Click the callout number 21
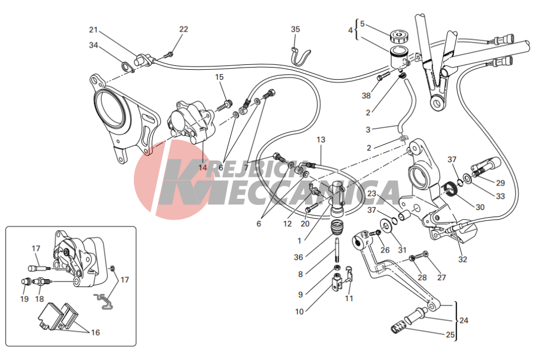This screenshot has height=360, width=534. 94,30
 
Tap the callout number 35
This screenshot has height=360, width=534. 295,29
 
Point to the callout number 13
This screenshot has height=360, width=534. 321,140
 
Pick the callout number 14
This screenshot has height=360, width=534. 203,167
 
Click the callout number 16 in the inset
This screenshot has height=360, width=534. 95,332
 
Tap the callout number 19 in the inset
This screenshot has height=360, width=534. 24,299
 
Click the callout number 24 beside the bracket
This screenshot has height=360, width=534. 464,320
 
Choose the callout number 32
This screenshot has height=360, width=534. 463,259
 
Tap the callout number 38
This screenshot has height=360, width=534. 366,95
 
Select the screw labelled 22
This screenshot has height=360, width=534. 170,54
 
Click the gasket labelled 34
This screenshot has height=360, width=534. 128,67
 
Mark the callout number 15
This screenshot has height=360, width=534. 219,77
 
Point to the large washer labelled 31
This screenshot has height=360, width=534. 386,225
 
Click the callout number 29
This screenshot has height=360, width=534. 500,183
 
